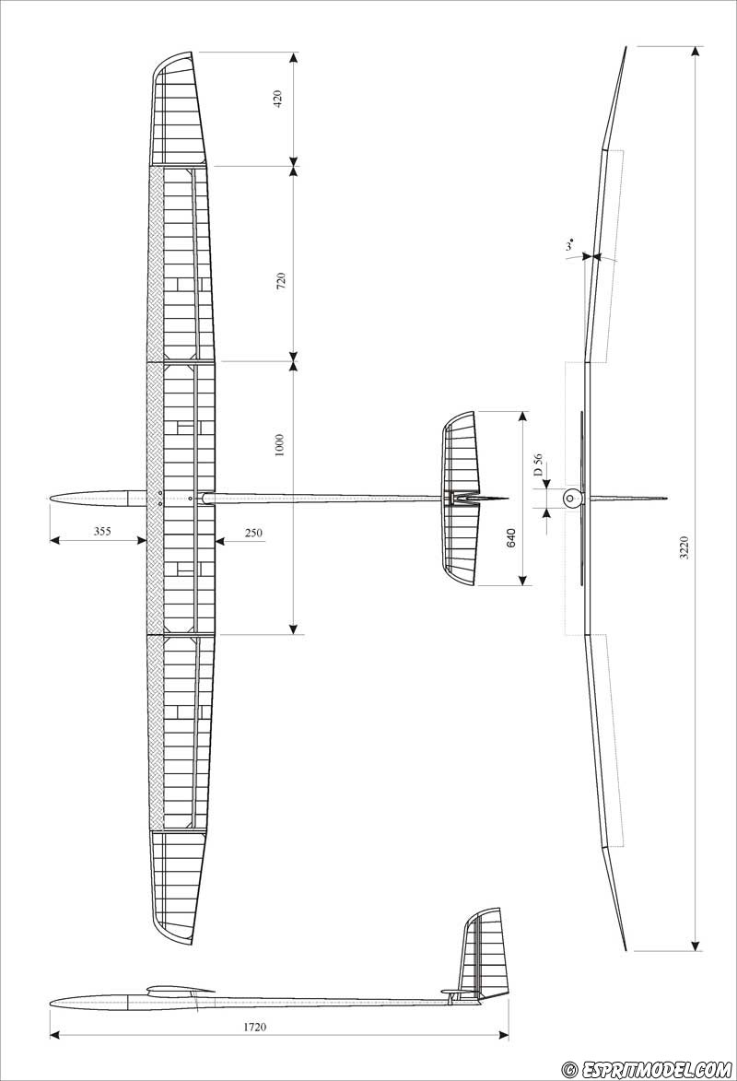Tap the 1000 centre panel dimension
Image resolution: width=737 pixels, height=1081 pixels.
279,445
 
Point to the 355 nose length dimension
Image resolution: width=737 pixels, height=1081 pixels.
102,531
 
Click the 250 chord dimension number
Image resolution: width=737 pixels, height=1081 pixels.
253,533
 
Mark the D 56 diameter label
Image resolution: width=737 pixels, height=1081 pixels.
538,466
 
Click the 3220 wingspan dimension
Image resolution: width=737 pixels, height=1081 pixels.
684,546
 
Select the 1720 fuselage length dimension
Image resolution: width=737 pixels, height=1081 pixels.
254,1027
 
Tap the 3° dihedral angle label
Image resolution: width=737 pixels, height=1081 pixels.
569,245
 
